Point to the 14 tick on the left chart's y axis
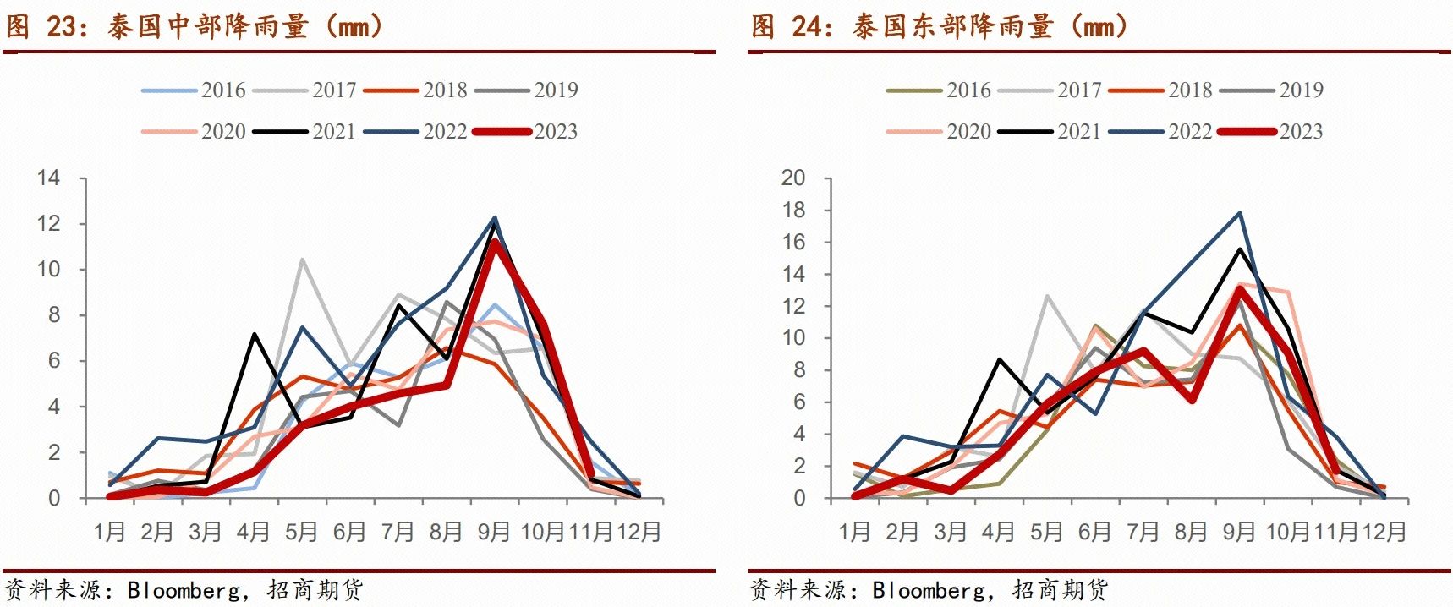pyautogui.click(x=49, y=178)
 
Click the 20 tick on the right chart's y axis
pyautogui.click(x=793, y=178)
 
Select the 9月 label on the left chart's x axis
pyautogui.click(x=495, y=532)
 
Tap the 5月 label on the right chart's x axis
pyautogui.click(x=1047, y=532)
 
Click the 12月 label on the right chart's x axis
pyautogui.click(x=1384, y=532)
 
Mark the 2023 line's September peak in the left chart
pyautogui.click(x=495, y=242)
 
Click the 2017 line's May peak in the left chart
pyautogui.click(x=302, y=260)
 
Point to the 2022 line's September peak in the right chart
pyautogui.click(x=1240, y=212)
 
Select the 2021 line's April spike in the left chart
pyautogui.click(x=254, y=334)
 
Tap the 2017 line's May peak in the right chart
pyautogui.click(x=1047, y=296)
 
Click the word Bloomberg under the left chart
pyautogui.click(x=184, y=589)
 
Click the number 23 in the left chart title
pyautogui.click(x=61, y=26)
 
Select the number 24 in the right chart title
pyautogui.click(x=806, y=26)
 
